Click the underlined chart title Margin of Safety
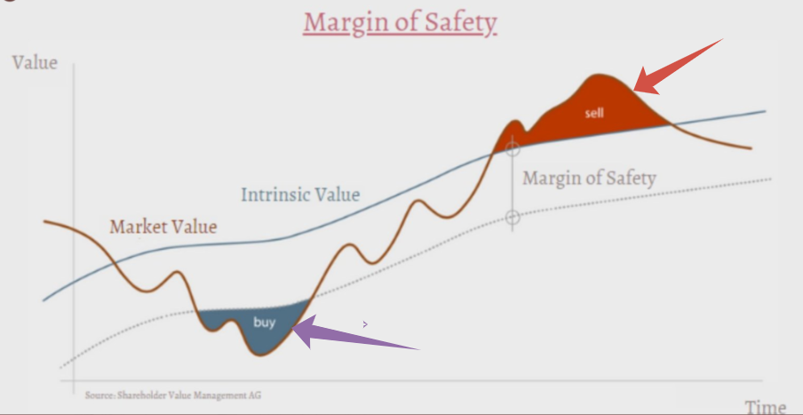400,23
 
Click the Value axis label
35,62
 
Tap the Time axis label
765,407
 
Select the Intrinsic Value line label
300,195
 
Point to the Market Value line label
163,227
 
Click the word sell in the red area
594,113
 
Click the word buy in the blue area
264,323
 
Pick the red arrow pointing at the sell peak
678,67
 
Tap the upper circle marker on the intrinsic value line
513,149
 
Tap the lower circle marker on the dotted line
513,218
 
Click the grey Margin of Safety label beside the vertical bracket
589,179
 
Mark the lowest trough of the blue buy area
260,355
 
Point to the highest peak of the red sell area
598,76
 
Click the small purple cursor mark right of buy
365,323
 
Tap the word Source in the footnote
99,395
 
